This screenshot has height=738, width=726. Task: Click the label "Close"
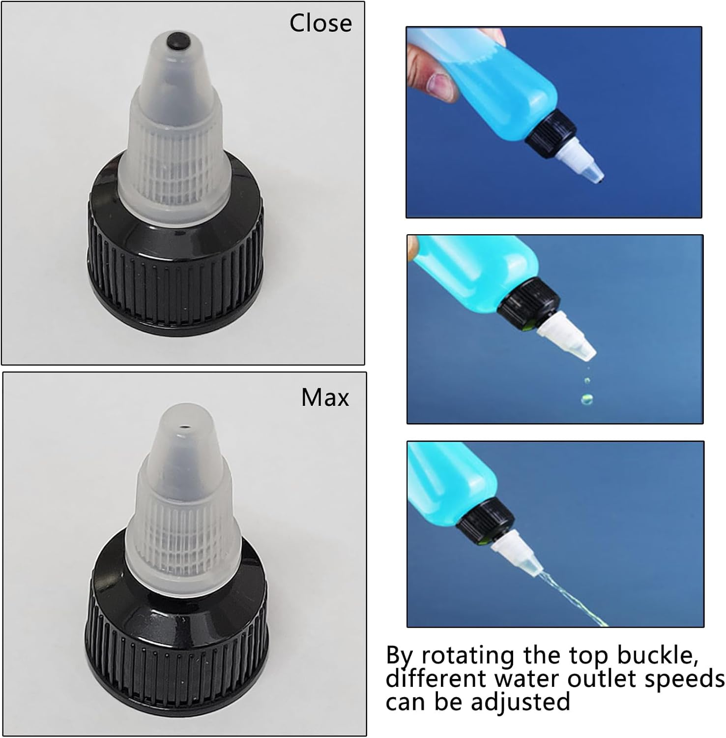point(320,23)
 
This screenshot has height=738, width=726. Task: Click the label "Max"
point(325,397)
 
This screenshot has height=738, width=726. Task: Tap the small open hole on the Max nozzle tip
point(185,428)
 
